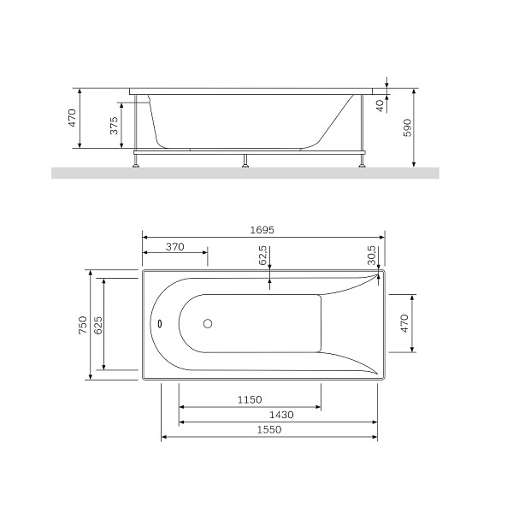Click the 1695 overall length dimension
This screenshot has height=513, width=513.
tap(262, 230)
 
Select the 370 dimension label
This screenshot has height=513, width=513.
tap(175, 247)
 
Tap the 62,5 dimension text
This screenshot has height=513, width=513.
tap(263, 255)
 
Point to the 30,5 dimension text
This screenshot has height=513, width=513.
tap(372, 255)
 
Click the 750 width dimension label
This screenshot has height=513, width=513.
tap(83, 325)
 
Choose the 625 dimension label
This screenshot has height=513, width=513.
tap(97, 325)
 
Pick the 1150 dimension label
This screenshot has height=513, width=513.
tap(250, 399)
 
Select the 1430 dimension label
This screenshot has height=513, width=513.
tap(281, 415)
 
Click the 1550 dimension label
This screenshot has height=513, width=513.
tap(269, 429)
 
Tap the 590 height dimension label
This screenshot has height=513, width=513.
tap(407, 127)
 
